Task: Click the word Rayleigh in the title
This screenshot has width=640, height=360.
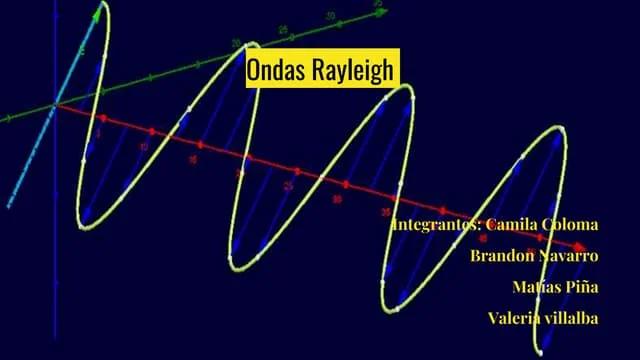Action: tap(355, 70)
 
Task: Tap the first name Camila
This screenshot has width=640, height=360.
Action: tap(507, 223)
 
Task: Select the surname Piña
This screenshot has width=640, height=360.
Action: tap(583, 287)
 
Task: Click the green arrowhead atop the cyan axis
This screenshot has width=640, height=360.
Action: tap(98, 12)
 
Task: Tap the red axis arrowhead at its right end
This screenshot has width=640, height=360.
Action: tap(579, 246)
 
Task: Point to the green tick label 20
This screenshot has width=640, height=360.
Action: tap(236, 43)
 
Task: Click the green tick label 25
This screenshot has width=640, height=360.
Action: tap(283, 30)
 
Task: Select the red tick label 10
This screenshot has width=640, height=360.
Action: tap(144, 146)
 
